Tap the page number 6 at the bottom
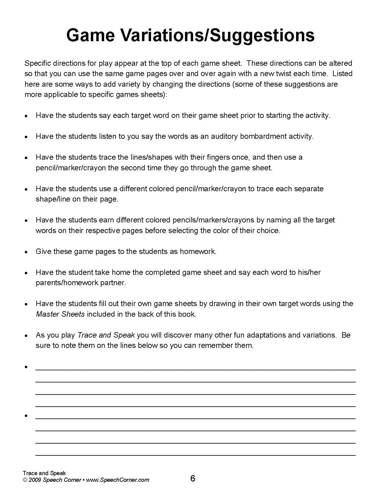193,478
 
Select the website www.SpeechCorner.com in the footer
118,480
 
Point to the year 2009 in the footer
35,480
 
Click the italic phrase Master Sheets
60,314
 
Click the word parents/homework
67,282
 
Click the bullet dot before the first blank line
26,367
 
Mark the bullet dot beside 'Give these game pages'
26,252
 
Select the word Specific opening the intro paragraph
38,63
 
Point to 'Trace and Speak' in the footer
44,473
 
